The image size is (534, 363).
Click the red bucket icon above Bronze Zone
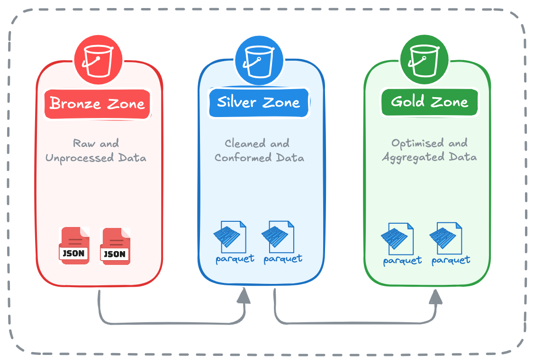click(x=98, y=61)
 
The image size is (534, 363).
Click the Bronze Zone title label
click(x=97, y=103)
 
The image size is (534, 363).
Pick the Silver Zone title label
click(x=259, y=102)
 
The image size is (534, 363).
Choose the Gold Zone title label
click(x=429, y=102)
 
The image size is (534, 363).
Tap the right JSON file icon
click(x=115, y=245)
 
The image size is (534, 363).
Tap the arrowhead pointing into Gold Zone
click(x=435, y=297)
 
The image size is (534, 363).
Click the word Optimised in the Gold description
click(x=411, y=143)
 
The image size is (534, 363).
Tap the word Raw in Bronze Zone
click(x=83, y=143)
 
